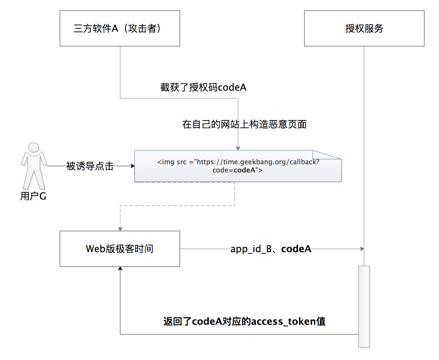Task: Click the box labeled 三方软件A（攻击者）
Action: pos(120,28)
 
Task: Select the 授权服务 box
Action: pos(364,28)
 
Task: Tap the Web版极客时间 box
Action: pos(120,249)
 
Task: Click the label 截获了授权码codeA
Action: pos(203,88)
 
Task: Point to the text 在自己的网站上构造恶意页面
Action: pos(244,124)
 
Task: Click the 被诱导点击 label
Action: pos(90,166)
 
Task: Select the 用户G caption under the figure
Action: pos(33,196)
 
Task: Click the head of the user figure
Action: pos(34,147)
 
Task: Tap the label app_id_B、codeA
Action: pos(271,249)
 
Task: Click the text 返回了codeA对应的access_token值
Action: pos(244,321)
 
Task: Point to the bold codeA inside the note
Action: pos(244,170)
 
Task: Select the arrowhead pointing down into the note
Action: pos(238,148)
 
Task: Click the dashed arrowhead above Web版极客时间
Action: pos(120,229)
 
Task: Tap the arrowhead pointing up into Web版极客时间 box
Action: pos(120,269)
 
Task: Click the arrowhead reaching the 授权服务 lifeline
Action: pos(362,249)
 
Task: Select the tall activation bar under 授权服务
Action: pos(364,306)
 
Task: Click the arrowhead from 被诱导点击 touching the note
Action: pos(133,166)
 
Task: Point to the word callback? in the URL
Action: pos(304,162)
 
